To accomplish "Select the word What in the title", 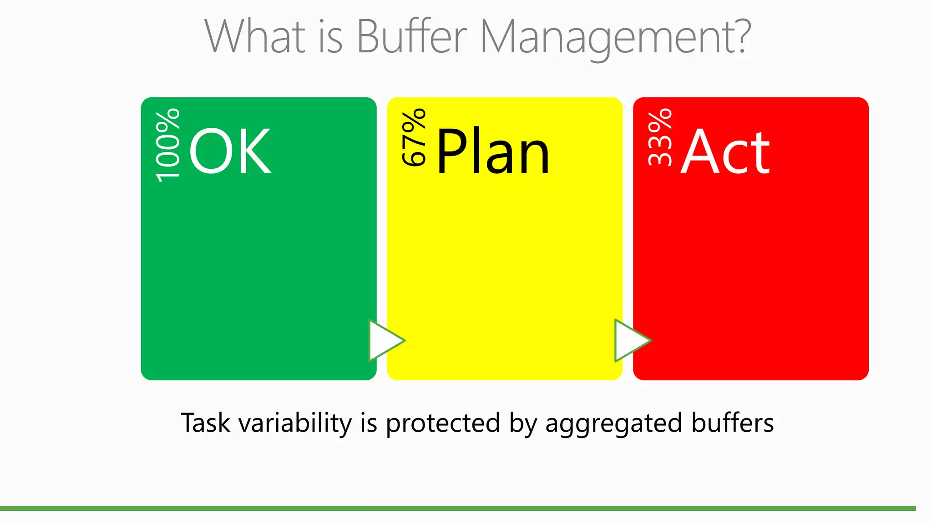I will (255, 36).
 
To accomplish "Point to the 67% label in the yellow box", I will (414, 137).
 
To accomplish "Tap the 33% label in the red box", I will (660, 137).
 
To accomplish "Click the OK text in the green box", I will (230, 151).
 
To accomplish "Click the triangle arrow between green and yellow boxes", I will (385, 340).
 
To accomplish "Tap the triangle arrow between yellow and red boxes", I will (630, 340).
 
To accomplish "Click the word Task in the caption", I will (205, 423).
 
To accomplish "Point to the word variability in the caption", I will (295, 423).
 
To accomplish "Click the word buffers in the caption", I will (732, 423).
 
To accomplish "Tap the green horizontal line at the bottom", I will (455, 508).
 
